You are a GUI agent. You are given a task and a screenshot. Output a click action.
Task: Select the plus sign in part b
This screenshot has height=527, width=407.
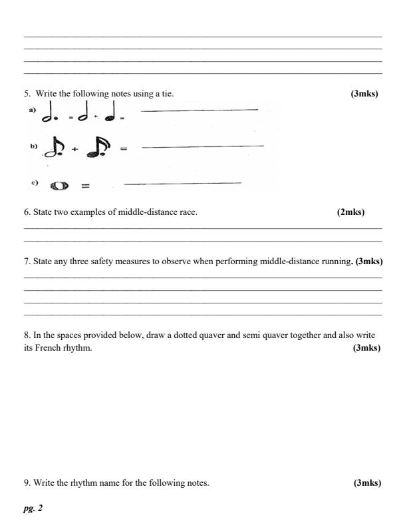[74, 149]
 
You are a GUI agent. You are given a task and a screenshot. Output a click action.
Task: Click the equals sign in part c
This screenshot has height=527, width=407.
[85, 186]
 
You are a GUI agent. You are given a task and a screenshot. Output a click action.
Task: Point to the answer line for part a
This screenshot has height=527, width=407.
[200, 110]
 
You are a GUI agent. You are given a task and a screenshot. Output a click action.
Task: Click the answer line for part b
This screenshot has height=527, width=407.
[203, 145]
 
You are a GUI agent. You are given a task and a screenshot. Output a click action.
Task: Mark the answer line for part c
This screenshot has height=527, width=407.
[182, 182]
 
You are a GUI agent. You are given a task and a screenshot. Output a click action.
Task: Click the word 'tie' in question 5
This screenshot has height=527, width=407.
[168, 94]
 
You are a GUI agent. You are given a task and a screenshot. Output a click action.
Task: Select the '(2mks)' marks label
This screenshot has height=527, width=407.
[350, 212]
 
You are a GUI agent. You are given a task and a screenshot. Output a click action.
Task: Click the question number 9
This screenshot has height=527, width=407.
[27, 482]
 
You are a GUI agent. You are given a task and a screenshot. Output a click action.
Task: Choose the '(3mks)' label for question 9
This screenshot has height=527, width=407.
[367, 482]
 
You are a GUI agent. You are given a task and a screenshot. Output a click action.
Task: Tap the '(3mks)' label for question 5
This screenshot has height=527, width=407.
[364, 94]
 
